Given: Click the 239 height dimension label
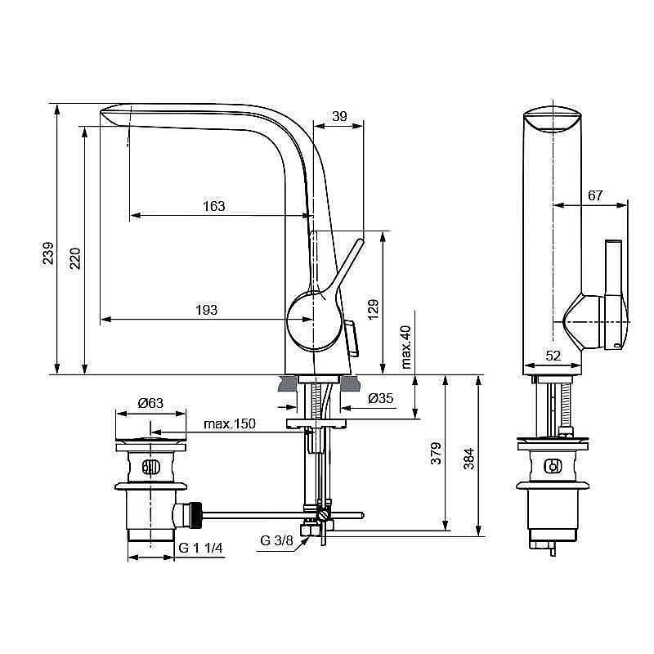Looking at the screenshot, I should (49, 253).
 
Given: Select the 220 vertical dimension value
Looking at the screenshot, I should (74, 258).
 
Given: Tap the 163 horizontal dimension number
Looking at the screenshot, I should (213, 207).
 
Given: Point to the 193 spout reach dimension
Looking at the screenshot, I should (206, 310).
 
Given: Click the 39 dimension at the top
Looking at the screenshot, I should (339, 117).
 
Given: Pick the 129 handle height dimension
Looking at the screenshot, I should (374, 310).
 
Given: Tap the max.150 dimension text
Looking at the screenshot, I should (230, 423).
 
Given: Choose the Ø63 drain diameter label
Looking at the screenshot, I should (150, 403).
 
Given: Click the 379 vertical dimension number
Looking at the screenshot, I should (436, 454).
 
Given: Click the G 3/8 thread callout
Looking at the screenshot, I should (277, 540).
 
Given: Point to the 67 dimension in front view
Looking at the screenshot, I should (595, 195).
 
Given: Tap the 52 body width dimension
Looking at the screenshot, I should (553, 356).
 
